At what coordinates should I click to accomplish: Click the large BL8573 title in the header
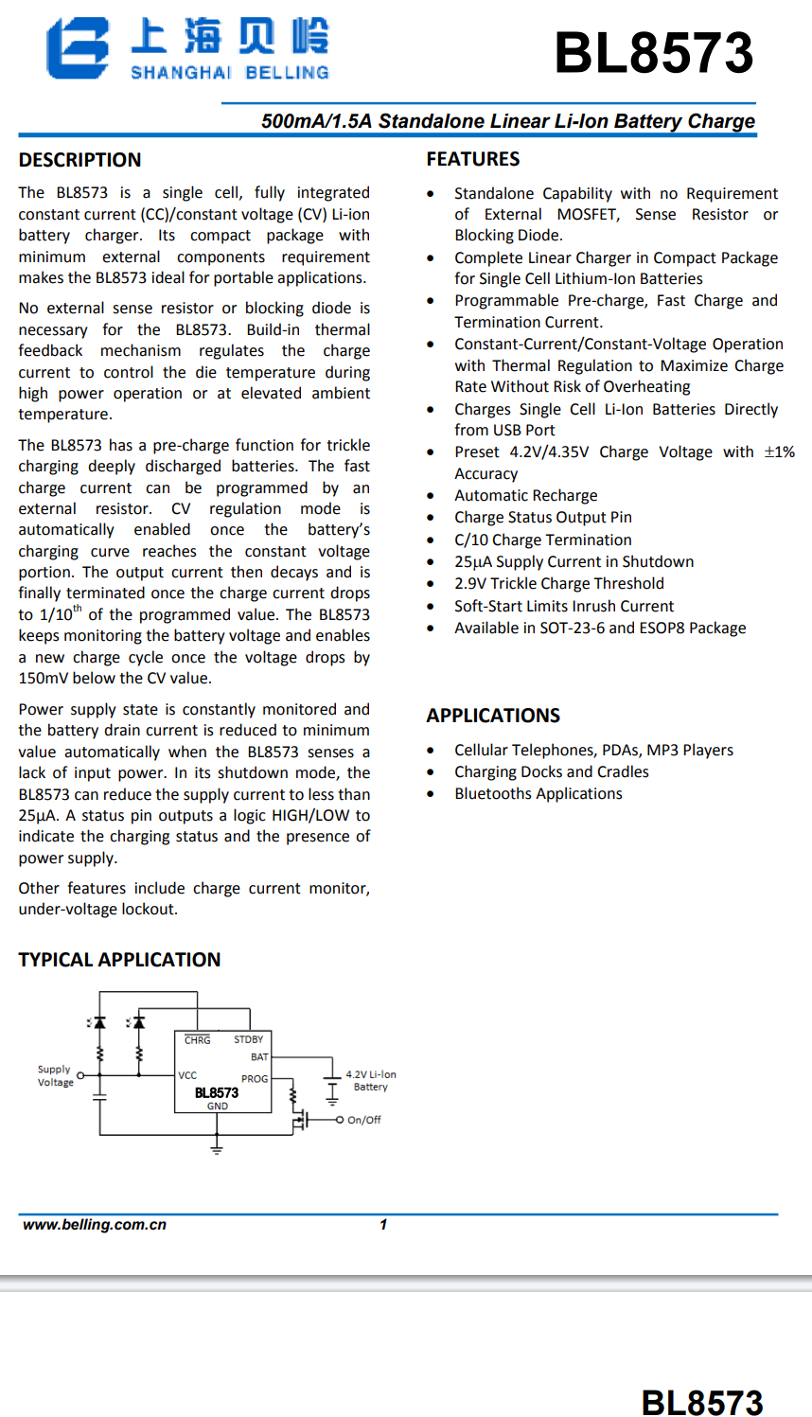(653, 53)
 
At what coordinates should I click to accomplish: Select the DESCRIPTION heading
(80, 160)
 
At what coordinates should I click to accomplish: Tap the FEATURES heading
(473, 159)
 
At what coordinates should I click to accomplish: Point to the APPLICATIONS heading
(493, 716)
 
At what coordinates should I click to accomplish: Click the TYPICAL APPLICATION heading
(119, 960)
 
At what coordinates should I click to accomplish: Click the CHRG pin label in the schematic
(198, 1040)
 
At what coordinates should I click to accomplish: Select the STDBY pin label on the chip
(249, 1039)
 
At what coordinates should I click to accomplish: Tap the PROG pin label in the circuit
(255, 1079)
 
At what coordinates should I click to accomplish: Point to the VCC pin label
(187, 1075)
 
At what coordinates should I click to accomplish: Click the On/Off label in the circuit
(364, 1120)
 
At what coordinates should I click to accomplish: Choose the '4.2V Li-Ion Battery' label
(371, 1081)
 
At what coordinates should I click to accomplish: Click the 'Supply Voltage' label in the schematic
(55, 1075)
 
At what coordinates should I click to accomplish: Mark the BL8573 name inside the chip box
(217, 1092)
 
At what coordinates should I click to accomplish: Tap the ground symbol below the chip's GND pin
(217, 1148)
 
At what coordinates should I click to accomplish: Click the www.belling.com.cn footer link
(95, 1225)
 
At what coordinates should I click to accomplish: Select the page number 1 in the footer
(383, 1225)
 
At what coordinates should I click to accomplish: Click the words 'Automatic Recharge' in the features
(526, 496)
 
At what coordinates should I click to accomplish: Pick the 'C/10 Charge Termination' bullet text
(543, 540)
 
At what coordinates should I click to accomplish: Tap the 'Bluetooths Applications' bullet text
(538, 794)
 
